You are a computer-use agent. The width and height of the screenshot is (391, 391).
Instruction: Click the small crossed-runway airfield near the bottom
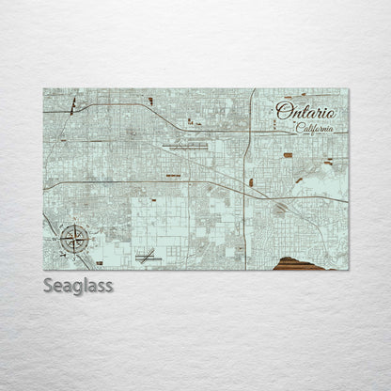click(146, 255)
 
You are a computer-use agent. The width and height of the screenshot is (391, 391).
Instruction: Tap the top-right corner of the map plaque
click(348, 89)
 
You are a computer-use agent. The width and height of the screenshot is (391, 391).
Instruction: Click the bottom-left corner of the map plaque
click(43, 270)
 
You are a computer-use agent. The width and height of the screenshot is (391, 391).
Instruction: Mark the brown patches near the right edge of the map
click(328, 163)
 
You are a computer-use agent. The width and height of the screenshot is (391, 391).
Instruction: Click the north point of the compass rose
click(71, 222)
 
